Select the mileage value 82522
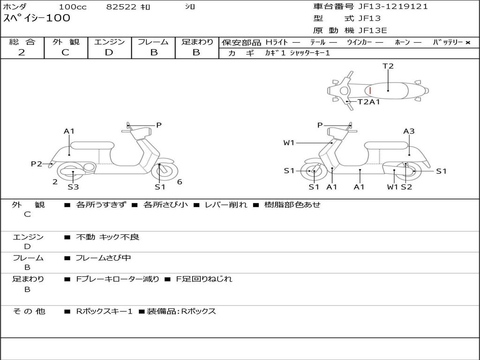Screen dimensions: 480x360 [x=121, y=7]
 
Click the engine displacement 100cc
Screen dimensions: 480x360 [x=73, y=7]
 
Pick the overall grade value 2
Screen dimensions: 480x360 [x=22, y=52]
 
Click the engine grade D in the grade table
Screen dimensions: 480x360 [x=109, y=52]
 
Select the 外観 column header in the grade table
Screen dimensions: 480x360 [x=66, y=42]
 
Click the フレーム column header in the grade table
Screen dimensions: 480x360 [x=153, y=42]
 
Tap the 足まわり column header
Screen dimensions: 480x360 [x=197, y=42]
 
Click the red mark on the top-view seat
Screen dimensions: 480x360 [x=370, y=90]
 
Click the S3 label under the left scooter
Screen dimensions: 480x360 [x=73, y=187]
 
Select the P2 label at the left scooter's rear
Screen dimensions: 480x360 [x=36, y=164]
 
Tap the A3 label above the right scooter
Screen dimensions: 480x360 [x=409, y=131]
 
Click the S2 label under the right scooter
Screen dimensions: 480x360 [x=406, y=187]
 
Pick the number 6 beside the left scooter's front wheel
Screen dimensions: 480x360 [x=180, y=182]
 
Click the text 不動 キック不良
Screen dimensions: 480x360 [x=107, y=237]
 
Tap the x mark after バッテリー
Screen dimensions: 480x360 [x=467, y=43]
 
